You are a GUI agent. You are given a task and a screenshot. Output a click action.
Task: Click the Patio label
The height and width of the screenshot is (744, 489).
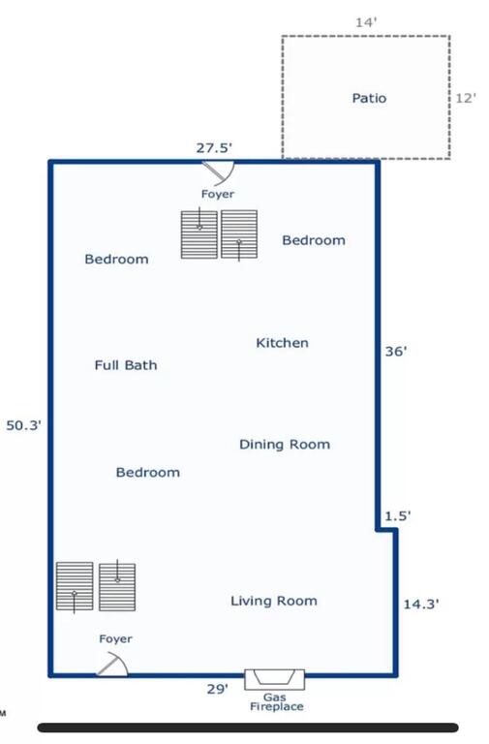pos(369,98)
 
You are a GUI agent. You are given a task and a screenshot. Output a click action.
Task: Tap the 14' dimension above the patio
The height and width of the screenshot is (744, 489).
pos(366,22)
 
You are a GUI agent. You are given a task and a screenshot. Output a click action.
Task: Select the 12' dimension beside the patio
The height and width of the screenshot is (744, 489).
pos(466,98)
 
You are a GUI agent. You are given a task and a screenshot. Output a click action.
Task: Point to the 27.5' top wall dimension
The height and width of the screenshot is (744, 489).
pos(214,148)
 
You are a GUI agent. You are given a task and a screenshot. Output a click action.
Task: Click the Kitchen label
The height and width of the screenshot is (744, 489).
pos(282,343)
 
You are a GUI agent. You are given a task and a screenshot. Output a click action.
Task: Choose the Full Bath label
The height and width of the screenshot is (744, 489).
pos(126,365)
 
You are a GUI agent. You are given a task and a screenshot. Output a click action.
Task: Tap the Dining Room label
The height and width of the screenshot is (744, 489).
pos(285,445)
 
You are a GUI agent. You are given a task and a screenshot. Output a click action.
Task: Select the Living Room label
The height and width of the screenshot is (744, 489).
pos(274,602)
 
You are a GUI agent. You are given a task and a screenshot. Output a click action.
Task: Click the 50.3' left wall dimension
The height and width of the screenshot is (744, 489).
pos(23,425)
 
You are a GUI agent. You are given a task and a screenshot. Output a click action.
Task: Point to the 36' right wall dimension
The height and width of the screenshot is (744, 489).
pos(396,352)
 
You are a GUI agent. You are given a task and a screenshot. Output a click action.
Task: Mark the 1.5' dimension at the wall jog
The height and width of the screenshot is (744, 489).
pos(397,516)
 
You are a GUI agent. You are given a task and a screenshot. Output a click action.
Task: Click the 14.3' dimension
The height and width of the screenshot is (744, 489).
pos(421,604)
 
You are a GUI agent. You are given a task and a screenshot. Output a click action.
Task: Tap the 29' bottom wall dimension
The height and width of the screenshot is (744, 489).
pos(218,689)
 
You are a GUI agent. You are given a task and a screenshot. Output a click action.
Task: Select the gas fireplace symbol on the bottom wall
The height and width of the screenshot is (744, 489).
pos(275,679)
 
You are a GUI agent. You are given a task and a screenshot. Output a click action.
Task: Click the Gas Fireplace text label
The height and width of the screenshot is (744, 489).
pos(277,702)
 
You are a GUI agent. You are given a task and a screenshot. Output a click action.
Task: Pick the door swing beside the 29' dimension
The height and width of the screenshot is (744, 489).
pos(113,664)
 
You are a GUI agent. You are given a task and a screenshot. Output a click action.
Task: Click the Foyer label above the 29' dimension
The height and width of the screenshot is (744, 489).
pos(116,639)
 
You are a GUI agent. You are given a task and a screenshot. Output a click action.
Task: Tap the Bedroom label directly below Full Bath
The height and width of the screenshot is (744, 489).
pos(148,473)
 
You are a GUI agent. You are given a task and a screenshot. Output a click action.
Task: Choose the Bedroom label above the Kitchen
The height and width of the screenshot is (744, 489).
pos(314,240)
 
